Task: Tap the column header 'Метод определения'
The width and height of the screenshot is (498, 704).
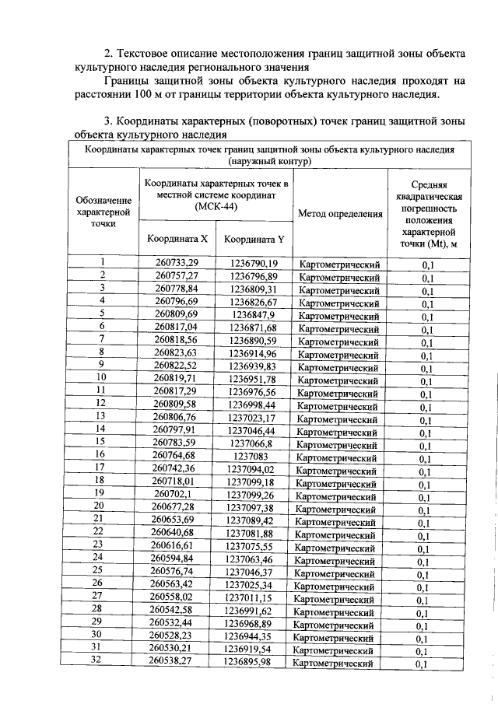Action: [x=340, y=213]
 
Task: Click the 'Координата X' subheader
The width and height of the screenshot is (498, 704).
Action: [x=177, y=239]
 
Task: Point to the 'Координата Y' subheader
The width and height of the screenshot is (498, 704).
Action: [x=254, y=240]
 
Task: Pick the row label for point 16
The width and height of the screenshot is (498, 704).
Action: [x=100, y=455]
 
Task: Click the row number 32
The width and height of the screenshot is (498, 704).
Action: [x=98, y=661]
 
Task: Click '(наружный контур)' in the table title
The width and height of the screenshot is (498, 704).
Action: [x=270, y=162]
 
